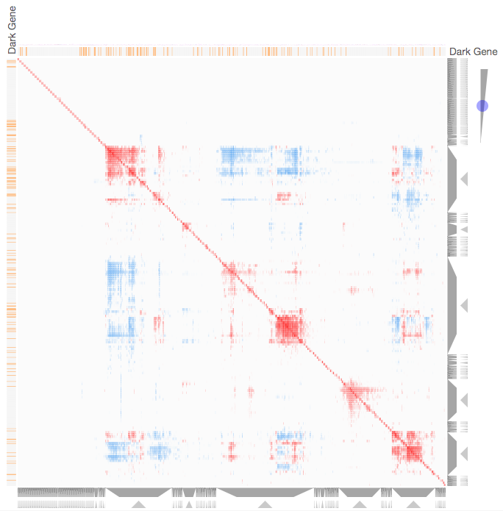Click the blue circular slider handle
482,106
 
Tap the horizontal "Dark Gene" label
473,51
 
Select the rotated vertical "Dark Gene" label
12,29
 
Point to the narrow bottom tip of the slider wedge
481,142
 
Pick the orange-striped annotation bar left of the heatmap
11,272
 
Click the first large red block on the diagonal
122,160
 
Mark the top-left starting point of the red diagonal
18,60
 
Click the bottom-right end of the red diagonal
443,484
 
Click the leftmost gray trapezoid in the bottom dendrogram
138,493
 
